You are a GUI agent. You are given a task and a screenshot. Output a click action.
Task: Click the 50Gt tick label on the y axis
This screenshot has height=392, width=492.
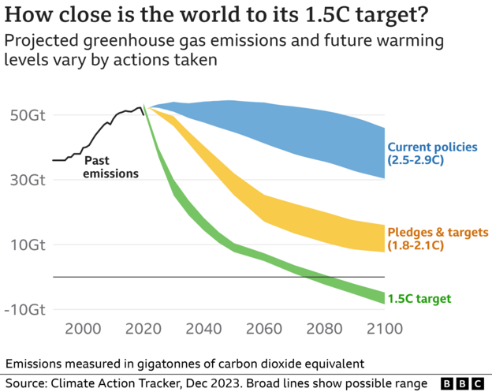pyautogui.click(x=27, y=115)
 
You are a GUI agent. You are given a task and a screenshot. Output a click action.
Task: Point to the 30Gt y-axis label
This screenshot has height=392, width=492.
pyautogui.click(x=27, y=180)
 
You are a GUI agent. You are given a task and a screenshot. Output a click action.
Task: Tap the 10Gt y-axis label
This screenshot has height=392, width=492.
pyautogui.click(x=27, y=245)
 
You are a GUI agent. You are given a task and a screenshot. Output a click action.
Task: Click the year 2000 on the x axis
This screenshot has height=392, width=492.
pyautogui.click(x=84, y=329)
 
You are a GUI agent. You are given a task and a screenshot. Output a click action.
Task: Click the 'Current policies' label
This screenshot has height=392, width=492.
pyautogui.click(x=432, y=147)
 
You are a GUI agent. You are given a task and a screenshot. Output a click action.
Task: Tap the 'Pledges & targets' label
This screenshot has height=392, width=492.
pyautogui.click(x=436, y=232)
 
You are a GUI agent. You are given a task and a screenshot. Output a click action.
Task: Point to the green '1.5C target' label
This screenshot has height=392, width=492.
pyautogui.click(x=419, y=298)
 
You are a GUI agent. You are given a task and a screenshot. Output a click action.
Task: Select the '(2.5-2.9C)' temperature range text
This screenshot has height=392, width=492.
pyautogui.click(x=416, y=160)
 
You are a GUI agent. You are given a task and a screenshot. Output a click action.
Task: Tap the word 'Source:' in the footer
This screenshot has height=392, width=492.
pyautogui.click(x=26, y=383)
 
